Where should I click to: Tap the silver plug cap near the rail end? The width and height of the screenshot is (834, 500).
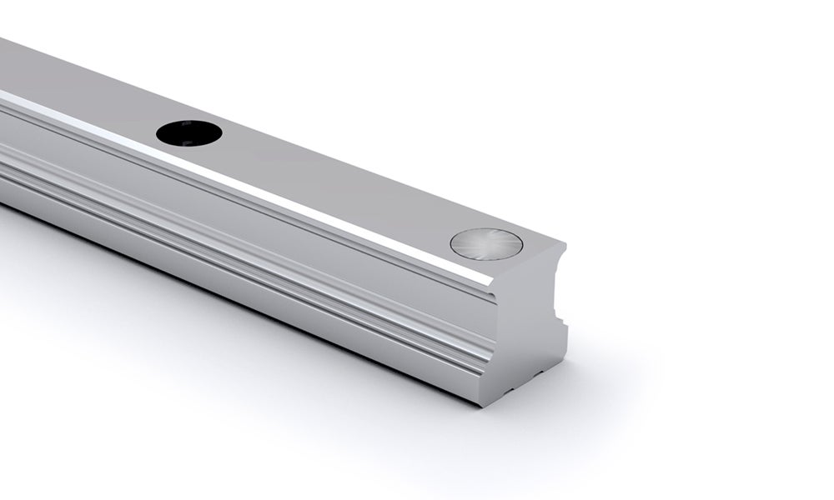[x=486, y=243]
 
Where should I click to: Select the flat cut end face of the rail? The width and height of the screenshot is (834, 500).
[x=525, y=333]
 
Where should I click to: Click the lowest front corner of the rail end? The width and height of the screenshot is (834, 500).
[x=483, y=405]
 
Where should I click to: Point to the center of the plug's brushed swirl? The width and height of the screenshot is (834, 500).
[x=486, y=243]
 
